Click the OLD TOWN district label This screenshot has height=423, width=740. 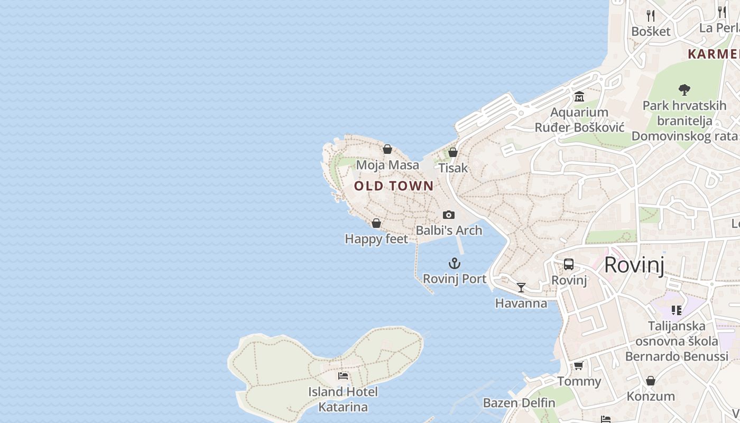click(394, 186)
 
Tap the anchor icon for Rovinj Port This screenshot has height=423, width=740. click(455, 263)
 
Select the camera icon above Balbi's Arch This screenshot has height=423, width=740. click(449, 215)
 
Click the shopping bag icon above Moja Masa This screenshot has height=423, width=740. click(387, 149)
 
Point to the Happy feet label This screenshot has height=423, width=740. click(376, 239)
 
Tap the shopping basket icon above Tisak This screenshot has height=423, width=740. click(453, 152)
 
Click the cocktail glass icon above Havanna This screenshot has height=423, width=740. click(521, 288)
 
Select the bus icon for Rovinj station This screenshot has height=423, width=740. click(569, 264)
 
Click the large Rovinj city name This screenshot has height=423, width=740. click(634, 264)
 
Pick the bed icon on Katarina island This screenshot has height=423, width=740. click(343, 376)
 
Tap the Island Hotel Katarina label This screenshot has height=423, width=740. click(343, 399)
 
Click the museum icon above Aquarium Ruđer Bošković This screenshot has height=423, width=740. click(579, 97)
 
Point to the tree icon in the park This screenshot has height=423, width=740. click(684, 89)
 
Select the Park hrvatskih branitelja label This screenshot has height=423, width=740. click(684, 121)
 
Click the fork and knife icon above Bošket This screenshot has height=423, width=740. click(651, 16)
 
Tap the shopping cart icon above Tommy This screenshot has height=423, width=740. click(579, 366)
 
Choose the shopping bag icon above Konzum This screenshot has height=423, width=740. click(651, 381)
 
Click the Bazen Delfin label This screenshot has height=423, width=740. click(519, 403)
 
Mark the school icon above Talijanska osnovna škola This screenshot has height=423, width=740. click(677, 310)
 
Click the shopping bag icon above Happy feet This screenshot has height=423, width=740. click(376, 223)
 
